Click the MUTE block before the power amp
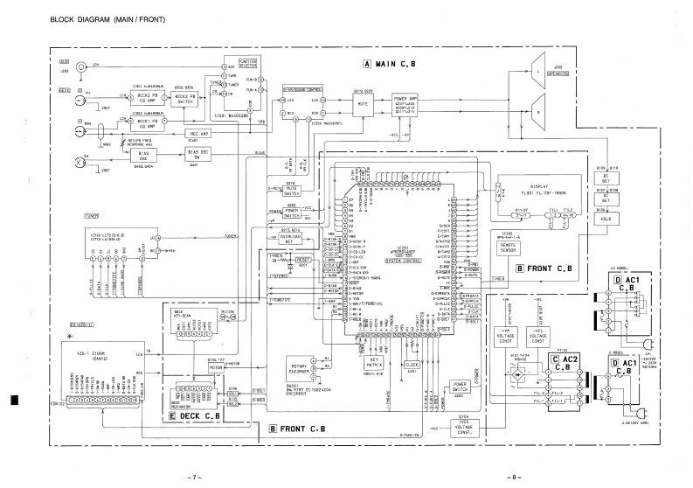point(360,102)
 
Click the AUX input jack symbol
point(83,66)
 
